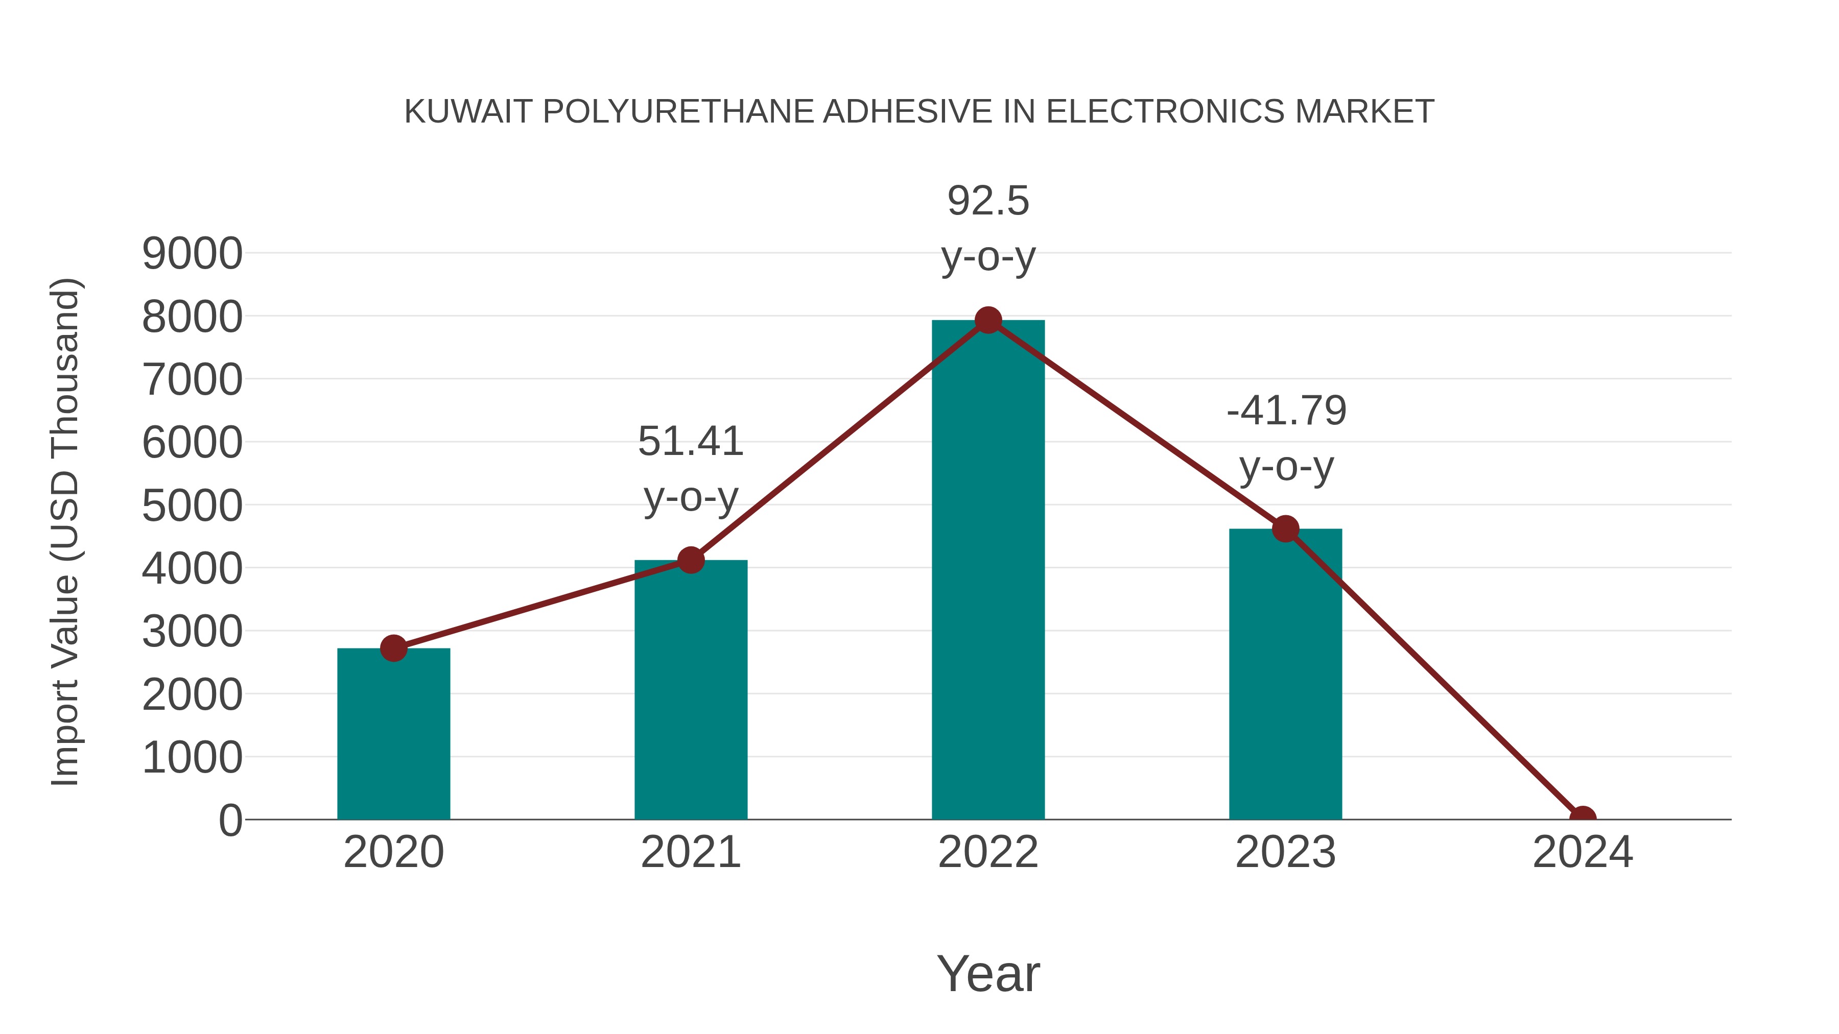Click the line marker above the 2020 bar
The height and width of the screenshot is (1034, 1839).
[x=393, y=648]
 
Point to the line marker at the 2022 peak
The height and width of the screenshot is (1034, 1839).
[x=988, y=320]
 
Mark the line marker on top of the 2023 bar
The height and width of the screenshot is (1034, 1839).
[x=1285, y=529]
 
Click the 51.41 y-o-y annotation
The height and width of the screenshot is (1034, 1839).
[x=690, y=468]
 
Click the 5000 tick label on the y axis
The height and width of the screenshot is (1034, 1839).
[x=192, y=506]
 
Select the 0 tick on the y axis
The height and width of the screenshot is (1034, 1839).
[x=230, y=821]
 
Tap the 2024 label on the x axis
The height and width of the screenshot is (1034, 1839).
[x=1583, y=852]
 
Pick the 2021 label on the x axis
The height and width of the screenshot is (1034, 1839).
[x=690, y=852]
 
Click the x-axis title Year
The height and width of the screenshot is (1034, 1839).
[x=988, y=973]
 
